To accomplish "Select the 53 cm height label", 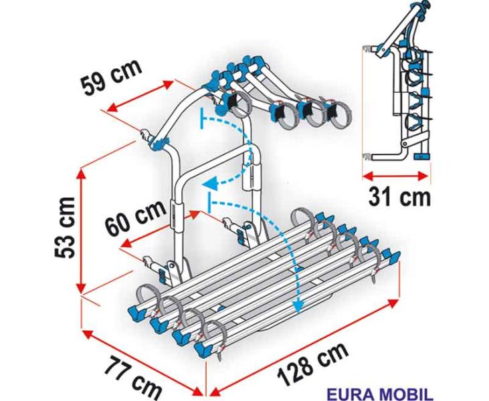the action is click(65, 228).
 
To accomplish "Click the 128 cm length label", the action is click(313, 364).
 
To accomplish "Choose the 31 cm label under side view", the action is click(399, 197).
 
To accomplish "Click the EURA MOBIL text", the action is click(380, 394).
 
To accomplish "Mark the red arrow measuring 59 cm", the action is click(140, 96).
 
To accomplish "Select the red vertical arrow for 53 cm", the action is click(82, 231).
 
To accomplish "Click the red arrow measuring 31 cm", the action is click(395, 176).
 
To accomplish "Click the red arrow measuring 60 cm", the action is click(160, 229).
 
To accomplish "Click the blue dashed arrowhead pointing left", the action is click(209, 184).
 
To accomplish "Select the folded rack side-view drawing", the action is click(396, 81).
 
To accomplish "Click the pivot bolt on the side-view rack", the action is click(405, 144).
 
